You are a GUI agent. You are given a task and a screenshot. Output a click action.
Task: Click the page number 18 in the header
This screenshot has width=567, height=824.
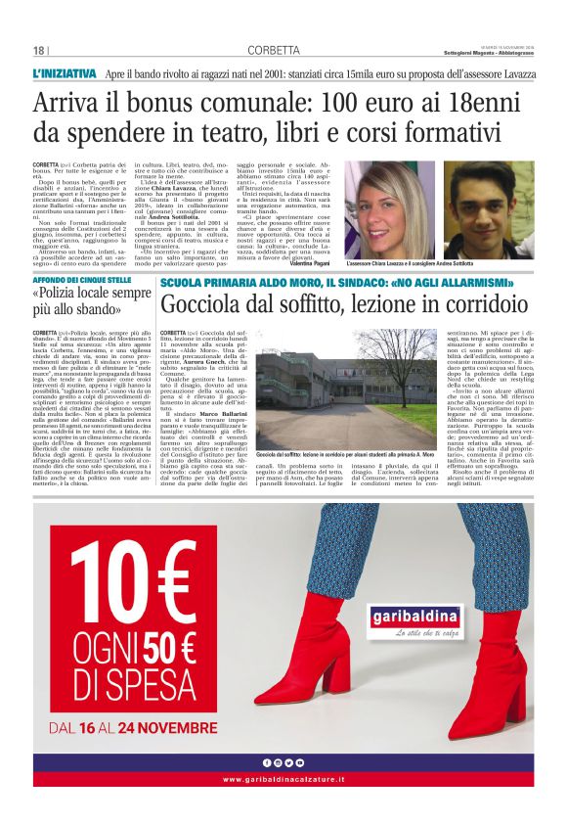pos(39,51)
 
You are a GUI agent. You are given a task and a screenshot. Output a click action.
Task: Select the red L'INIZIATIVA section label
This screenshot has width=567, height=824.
pos(65,73)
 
